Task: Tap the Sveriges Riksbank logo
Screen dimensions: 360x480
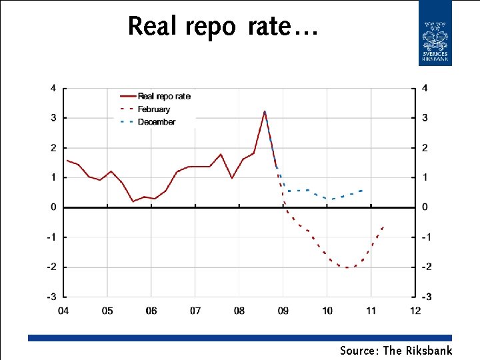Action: pyautogui.click(x=435, y=33)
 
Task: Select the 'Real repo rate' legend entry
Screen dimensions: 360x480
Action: pyautogui.click(x=164, y=96)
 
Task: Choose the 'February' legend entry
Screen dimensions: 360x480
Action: pyautogui.click(x=154, y=109)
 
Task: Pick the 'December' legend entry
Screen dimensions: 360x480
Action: pyautogui.click(x=156, y=122)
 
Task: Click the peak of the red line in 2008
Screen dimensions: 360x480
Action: pyautogui.click(x=265, y=111)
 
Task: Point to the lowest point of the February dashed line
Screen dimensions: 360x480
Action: pyautogui.click(x=347, y=268)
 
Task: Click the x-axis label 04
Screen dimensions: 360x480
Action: pyautogui.click(x=63, y=311)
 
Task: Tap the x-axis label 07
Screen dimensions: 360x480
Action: pyautogui.click(x=195, y=311)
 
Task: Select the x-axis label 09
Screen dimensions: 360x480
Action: pyautogui.click(x=283, y=311)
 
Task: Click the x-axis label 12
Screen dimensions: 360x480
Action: pyautogui.click(x=415, y=311)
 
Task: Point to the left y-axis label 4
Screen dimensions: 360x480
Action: pyautogui.click(x=53, y=88)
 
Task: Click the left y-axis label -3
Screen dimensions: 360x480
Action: pyautogui.click(x=51, y=297)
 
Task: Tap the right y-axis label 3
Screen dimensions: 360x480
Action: pyautogui.click(x=425, y=118)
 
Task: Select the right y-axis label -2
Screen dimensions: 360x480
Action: pyautogui.click(x=427, y=267)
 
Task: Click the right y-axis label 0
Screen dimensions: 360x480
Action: pyautogui.click(x=425, y=207)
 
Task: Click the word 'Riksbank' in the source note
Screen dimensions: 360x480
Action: pyautogui.click(x=429, y=351)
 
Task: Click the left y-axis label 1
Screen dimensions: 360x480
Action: pyautogui.click(x=53, y=177)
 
